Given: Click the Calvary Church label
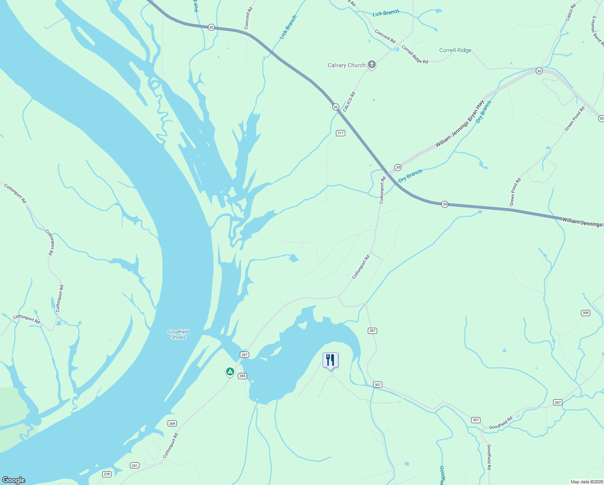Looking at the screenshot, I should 346,65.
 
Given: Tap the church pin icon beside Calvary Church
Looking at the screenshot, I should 372,64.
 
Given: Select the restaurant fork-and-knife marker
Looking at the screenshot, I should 330,360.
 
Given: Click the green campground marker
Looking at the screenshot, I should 230,371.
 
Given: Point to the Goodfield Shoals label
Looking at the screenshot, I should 178,334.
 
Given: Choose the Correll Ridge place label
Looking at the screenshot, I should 455,51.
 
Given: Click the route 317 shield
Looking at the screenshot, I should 340,133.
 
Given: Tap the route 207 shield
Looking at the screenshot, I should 244,354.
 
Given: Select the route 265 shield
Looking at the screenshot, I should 242,376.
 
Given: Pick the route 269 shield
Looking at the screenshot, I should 172,423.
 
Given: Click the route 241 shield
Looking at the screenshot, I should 134,465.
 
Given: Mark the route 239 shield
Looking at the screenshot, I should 107,474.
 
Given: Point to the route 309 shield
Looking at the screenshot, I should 585,313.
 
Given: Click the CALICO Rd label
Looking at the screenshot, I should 349,102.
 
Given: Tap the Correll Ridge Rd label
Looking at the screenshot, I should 415,55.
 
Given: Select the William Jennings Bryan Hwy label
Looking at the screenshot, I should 459,124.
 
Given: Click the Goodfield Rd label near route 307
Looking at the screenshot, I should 501,423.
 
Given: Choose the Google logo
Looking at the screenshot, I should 14,480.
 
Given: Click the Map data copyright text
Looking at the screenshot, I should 587,482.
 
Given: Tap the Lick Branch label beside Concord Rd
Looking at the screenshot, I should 386,13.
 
